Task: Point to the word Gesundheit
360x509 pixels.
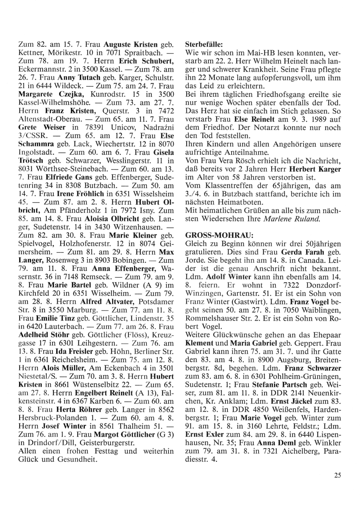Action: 74,459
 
